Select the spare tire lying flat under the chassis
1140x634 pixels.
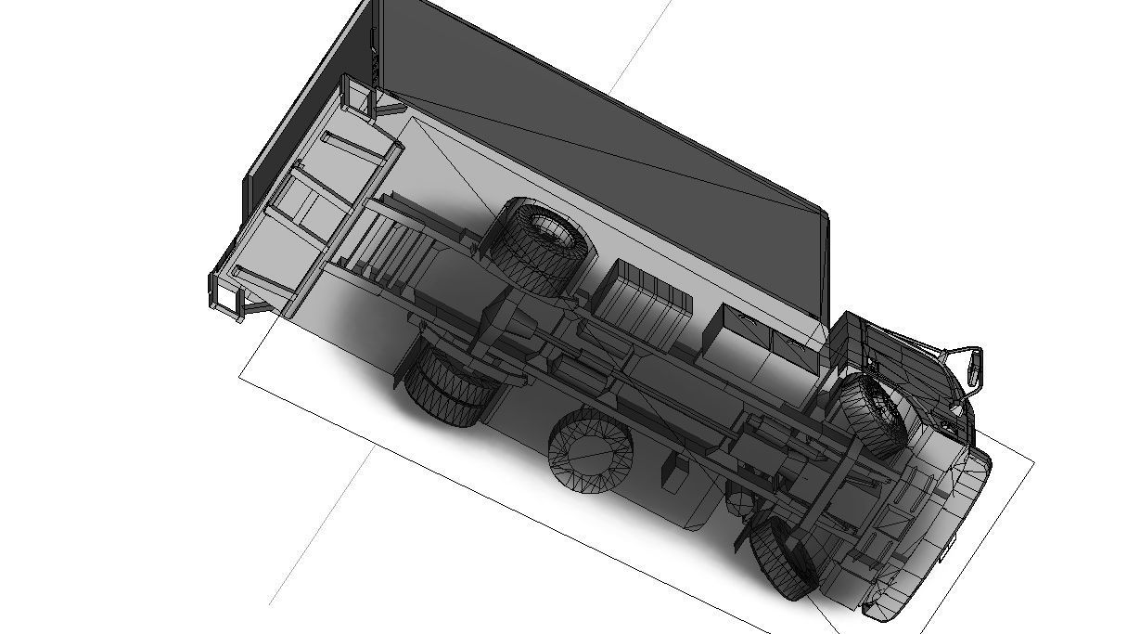coord(590,452)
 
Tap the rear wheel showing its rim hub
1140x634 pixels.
coord(544,242)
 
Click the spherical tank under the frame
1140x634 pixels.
coord(739,504)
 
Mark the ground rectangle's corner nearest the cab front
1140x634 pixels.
coord(1033,461)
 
